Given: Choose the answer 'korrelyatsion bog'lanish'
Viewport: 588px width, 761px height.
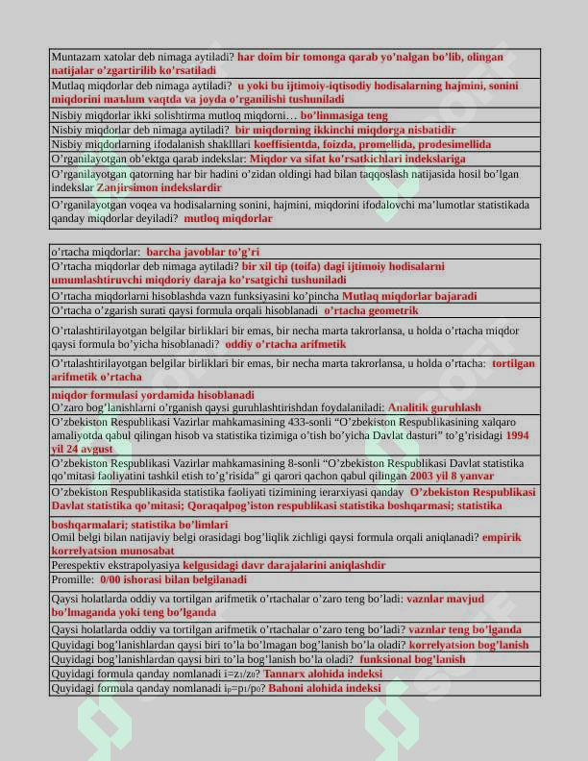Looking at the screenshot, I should point(469,645).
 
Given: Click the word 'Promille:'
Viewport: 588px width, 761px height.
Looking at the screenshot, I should point(72,580).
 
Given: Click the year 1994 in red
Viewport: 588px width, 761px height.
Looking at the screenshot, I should point(516,435).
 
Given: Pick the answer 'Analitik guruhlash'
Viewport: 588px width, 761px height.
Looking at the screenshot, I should point(434,407).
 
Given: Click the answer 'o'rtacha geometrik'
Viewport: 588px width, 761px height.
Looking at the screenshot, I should point(371,310).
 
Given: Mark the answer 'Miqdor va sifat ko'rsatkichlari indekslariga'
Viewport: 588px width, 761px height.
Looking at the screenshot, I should point(356,158).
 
